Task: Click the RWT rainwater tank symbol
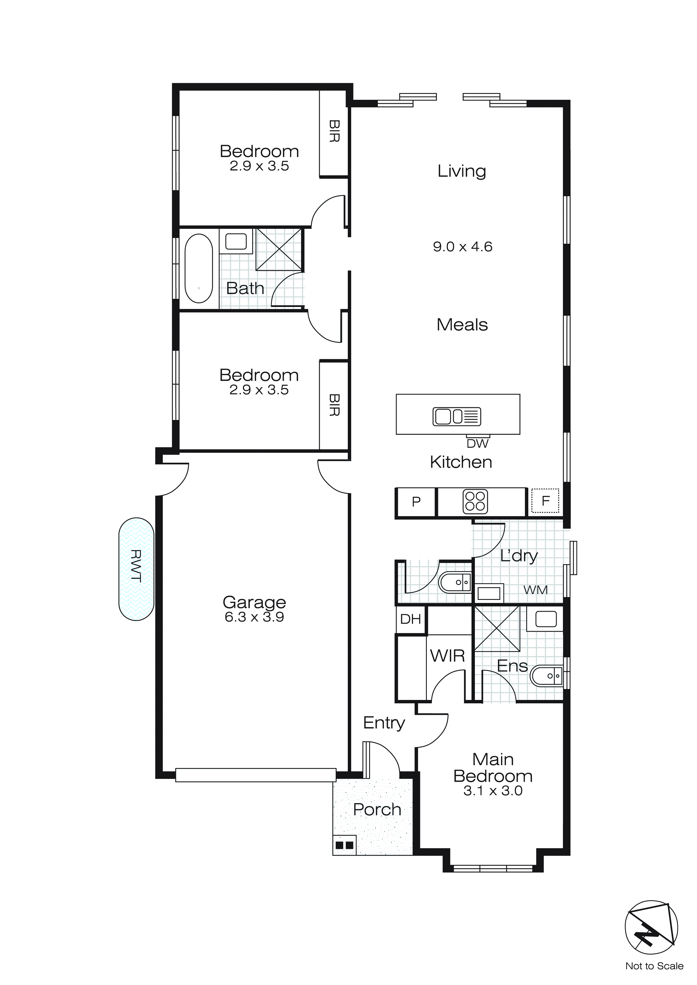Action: coord(136,569)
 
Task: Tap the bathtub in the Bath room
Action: coord(199,268)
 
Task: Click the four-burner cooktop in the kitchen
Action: coord(475,501)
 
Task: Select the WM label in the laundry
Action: coord(535,590)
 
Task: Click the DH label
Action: coord(410,619)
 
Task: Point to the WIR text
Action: coord(447,656)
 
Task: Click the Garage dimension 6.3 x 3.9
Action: coord(254,617)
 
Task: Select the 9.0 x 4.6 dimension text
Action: coord(462,247)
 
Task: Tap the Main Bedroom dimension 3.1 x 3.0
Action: coord(493,791)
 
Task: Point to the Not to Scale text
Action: coord(654,966)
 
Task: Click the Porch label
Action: coord(377,810)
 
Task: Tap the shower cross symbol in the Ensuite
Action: coord(497,629)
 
